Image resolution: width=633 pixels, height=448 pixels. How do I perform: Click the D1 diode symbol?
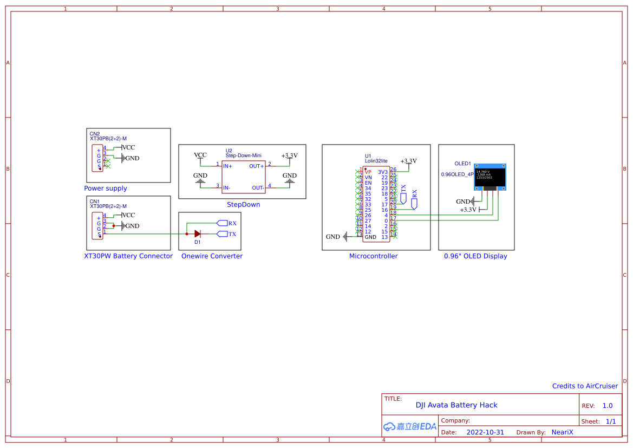point(198,234)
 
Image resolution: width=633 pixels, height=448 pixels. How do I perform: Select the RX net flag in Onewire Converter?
point(222,223)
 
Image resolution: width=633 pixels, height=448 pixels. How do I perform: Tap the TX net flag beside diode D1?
point(222,234)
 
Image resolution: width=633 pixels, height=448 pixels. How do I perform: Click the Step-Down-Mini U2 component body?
point(244,177)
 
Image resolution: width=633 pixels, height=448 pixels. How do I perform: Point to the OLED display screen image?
point(491,177)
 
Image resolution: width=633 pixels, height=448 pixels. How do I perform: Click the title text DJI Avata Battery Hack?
point(456,405)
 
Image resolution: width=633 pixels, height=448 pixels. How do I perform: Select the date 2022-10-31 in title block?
point(485,432)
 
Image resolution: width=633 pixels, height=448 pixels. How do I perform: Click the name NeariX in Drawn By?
point(562,432)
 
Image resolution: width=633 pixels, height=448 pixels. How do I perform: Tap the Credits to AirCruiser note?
point(585,386)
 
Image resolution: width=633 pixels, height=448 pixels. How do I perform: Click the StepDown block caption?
point(243,205)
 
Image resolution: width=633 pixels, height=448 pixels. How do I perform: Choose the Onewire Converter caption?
point(212,256)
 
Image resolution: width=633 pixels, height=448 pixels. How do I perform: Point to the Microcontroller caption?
point(373,256)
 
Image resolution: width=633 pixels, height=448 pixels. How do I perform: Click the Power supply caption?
point(106,189)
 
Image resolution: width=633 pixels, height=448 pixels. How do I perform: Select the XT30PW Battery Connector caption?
point(128,256)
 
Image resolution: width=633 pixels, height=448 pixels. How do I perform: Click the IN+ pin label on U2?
point(228,166)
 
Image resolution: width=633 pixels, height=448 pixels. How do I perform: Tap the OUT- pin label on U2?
point(258,187)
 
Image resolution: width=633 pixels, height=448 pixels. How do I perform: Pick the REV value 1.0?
point(608,406)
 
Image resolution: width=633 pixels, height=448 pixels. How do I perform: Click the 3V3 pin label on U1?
point(383,172)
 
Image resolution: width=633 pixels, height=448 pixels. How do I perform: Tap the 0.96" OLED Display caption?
point(475,256)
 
